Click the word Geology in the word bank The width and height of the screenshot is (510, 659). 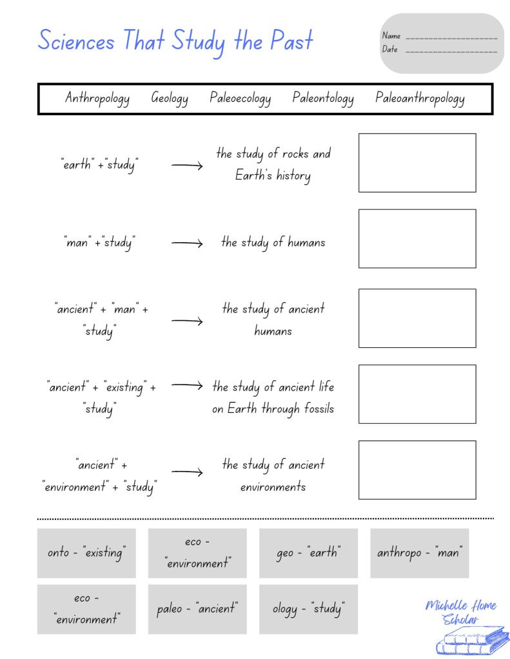[170, 99]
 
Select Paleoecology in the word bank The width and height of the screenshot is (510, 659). [240, 99]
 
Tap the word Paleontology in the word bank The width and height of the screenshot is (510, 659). [323, 99]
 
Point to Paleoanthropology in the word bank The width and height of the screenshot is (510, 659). [420, 99]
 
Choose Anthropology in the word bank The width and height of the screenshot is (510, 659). [97, 99]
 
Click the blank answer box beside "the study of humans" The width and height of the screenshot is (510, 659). [417, 238]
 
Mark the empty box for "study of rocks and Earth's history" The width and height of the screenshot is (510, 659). [417, 162]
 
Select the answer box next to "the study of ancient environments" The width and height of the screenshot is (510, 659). [417, 470]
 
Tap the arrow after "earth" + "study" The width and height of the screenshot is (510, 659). [187, 166]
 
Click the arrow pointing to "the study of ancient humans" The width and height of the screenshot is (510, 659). [187, 321]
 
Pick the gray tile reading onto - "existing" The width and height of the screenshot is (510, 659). [86, 553]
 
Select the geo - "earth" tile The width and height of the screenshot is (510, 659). [308, 553]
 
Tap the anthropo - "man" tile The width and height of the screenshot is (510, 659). [420, 553]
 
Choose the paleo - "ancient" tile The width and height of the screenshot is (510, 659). [197, 609]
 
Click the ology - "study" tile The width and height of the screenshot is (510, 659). [308, 609]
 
